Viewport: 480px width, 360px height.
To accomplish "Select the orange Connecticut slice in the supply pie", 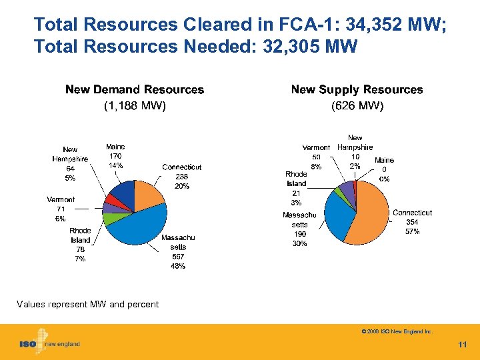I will pos(370,217).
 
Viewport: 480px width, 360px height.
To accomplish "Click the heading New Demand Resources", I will pos(135,89).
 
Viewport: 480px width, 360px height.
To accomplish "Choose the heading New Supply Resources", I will pos(357,89).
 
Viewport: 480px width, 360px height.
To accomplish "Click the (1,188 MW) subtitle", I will pos(135,105).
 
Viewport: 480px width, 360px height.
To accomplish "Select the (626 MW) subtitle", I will pos(357,105).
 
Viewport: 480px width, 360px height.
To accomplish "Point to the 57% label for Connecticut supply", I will pos(412,231).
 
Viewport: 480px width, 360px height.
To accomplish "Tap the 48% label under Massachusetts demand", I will pos(178,266).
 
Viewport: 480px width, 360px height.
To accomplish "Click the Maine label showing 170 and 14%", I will pos(115,156).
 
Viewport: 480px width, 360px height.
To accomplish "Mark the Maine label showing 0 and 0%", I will pos(384,169).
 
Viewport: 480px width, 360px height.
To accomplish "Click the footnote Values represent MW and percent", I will pos(87,304).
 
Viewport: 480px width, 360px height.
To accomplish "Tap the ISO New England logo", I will pos(49,343).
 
